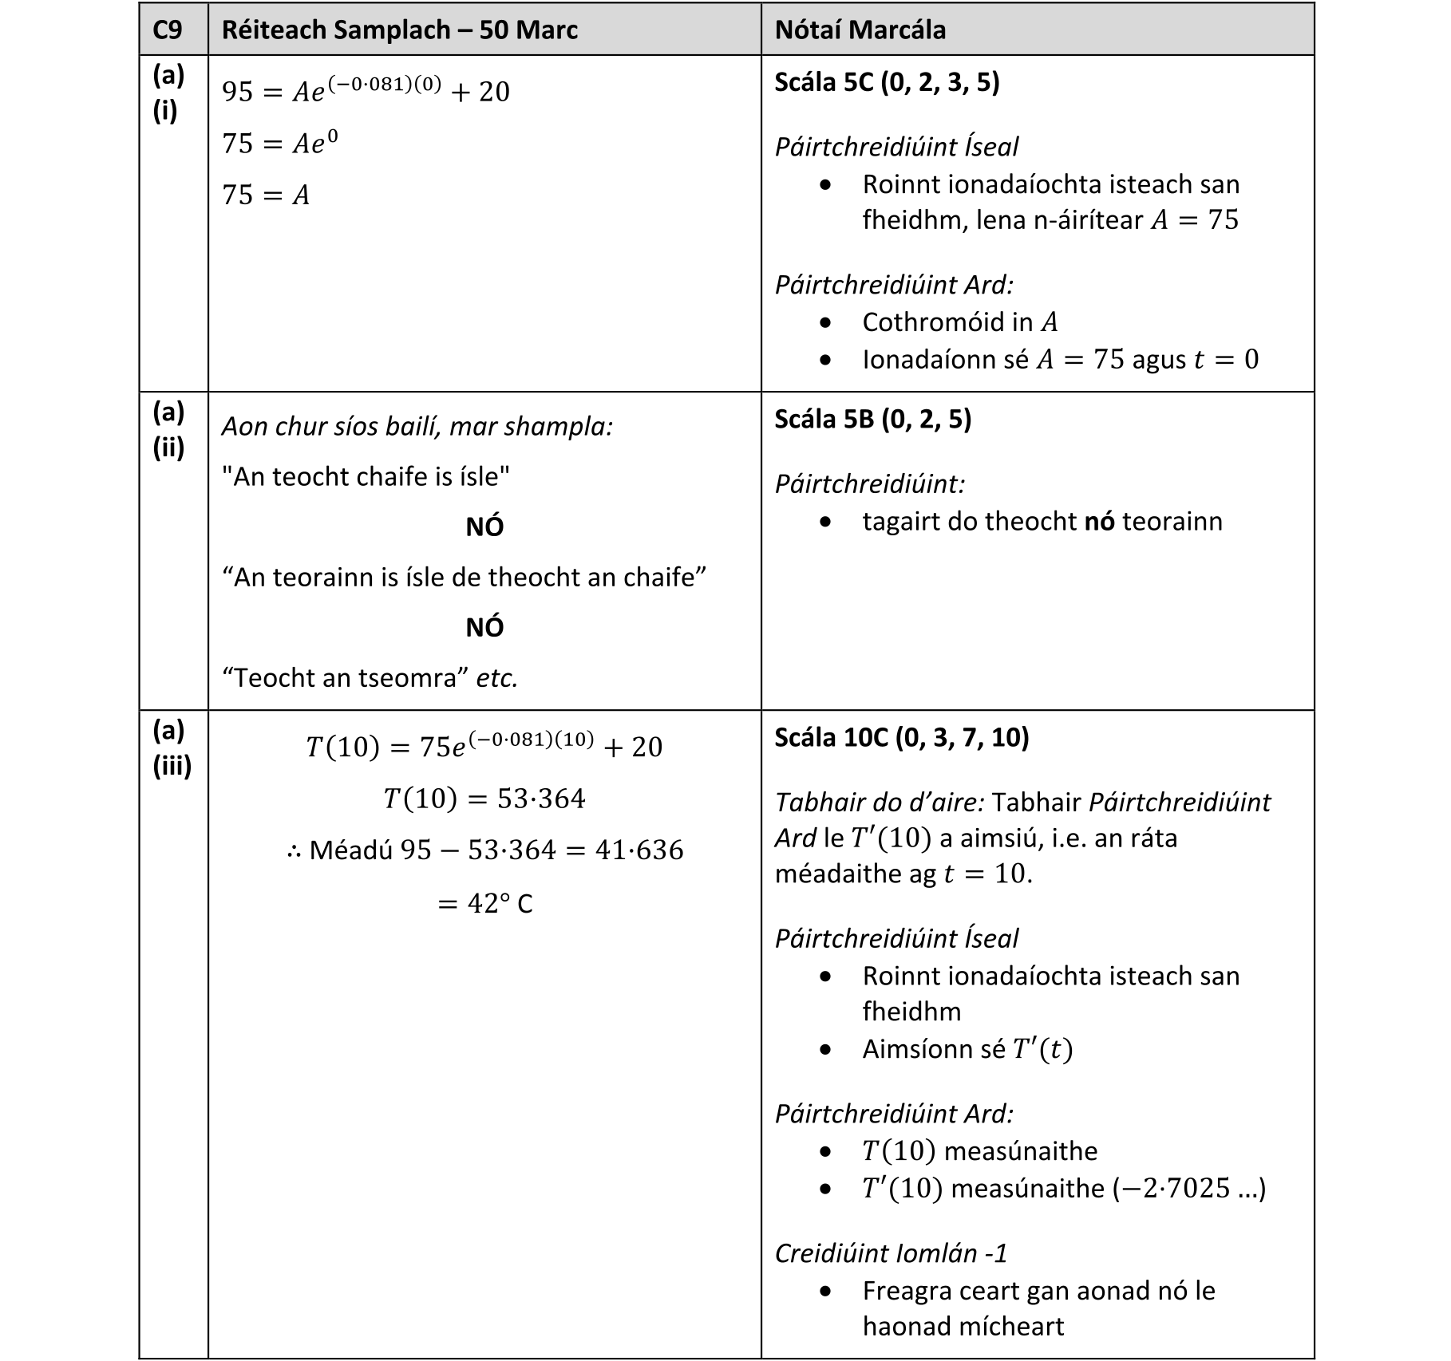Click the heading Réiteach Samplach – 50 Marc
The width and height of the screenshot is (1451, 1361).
click(399, 30)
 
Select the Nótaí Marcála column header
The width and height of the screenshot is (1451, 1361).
click(860, 30)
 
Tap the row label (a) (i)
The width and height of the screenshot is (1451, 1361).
click(168, 93)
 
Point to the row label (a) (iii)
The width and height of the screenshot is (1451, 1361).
click(172, 748)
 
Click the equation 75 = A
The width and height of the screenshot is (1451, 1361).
click(266, 195)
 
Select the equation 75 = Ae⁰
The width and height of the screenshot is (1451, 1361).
click(280, 144)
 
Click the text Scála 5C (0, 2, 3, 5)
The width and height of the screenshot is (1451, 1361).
click(887, 82)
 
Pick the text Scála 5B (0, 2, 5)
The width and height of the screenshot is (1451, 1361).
click(872, 419)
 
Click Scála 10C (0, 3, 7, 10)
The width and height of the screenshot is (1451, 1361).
click(902, 737)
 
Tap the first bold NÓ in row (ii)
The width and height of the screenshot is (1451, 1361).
click(484, 527)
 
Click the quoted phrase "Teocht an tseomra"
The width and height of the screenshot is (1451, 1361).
click(346, 678)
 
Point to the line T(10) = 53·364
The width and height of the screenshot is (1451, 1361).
click(484, 799)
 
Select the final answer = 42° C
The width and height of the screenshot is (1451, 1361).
click(484, 904)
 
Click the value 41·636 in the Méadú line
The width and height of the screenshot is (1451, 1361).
click(639, 850)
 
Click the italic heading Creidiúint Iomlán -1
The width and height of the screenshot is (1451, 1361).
click(891, 1253)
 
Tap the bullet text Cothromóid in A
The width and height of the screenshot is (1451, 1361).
click(960, 322)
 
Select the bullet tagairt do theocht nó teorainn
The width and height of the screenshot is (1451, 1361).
click(1042, 522)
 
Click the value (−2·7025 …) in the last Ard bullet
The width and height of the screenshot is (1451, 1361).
click(1189, 1189)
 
